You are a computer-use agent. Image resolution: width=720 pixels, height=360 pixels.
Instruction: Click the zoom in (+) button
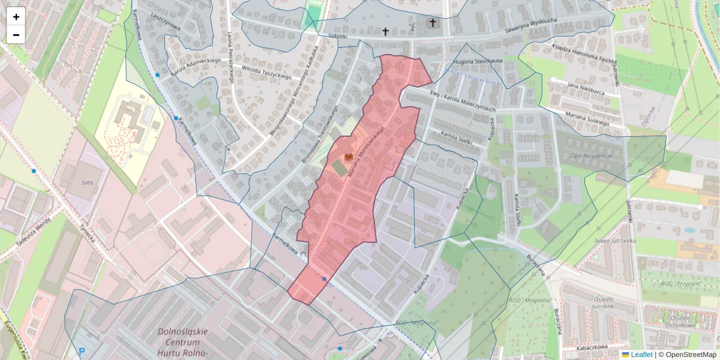[x=16, y=17]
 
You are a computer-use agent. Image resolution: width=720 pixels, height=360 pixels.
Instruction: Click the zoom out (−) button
[x=16, y=35]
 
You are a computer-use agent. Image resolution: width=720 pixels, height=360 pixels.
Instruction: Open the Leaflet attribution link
[x=641, y=355]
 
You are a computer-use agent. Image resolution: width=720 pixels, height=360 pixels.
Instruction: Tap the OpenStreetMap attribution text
[x=687, y=355]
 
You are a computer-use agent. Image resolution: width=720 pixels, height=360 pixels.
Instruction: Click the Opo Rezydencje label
[x=590, y=156]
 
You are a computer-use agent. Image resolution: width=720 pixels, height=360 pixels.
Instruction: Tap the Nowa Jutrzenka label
[x=614, y=241]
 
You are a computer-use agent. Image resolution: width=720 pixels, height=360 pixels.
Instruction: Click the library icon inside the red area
[x=347, y=157]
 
